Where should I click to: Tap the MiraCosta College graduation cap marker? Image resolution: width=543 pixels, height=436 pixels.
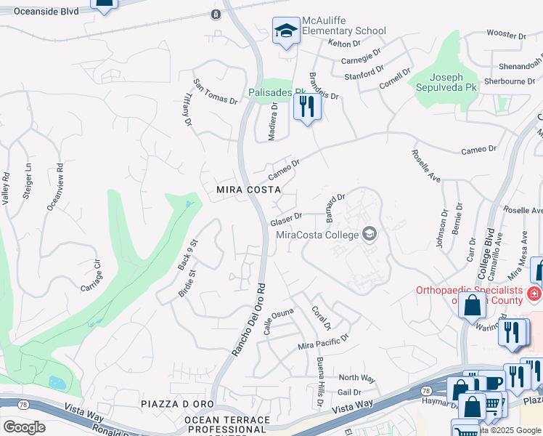click(370, 233)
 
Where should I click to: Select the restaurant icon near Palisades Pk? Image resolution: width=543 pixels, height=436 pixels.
click(307, 107)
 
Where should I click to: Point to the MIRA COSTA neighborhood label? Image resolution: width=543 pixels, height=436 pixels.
click(249, 190)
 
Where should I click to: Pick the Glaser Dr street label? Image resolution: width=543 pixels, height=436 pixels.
click(286, 219)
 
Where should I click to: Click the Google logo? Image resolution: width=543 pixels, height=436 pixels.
click(23, 427)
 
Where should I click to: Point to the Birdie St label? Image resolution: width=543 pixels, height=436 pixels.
click(188, 284)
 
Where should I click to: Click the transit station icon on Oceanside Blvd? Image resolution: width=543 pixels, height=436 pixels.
click(216, 15)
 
